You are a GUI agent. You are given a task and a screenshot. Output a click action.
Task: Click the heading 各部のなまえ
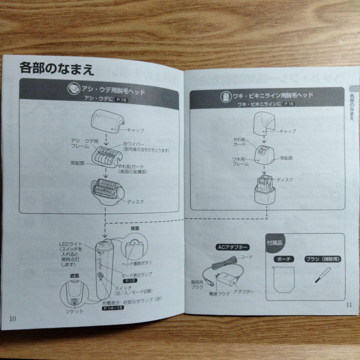pos(57,69)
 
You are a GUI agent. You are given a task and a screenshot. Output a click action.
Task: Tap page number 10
pos(13,318)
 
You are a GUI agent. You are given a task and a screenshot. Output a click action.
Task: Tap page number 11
pos(349,304)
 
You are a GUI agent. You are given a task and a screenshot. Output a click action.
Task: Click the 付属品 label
pos(274,243)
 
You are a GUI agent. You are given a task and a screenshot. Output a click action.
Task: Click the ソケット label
pos(74,311)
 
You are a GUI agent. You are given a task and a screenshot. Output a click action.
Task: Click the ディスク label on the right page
pos(285,180)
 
